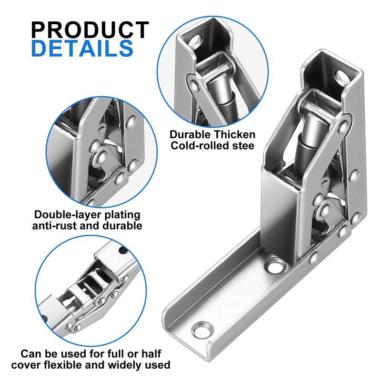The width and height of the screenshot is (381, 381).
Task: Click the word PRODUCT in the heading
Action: tap(90, 30)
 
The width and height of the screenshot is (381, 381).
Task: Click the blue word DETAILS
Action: tap(82, 49)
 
